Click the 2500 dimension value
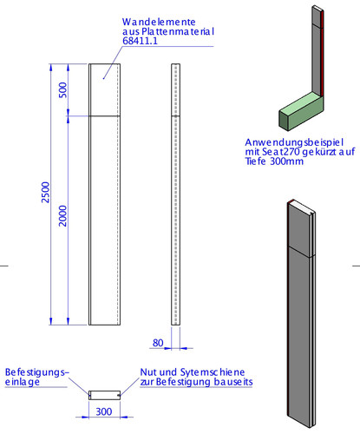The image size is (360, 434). point(46,193)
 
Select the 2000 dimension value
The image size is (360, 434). point(62,216)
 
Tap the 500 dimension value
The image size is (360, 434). point(62,90)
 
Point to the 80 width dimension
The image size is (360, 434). point(158,343)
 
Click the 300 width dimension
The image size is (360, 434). point(104,411)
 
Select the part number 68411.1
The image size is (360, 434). point(141,41)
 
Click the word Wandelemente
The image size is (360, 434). point(159,22)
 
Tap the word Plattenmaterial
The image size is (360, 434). point(178,31)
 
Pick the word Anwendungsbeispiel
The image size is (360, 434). point(294,142)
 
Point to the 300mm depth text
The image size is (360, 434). point(286,161)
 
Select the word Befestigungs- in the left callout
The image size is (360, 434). point(37,372)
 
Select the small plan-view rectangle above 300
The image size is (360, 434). point(104,395)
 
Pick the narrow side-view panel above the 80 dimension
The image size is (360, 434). point(175,194)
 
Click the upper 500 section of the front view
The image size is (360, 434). point(104,89)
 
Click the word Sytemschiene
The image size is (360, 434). point(213,372)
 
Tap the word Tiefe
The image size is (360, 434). point(255,161)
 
